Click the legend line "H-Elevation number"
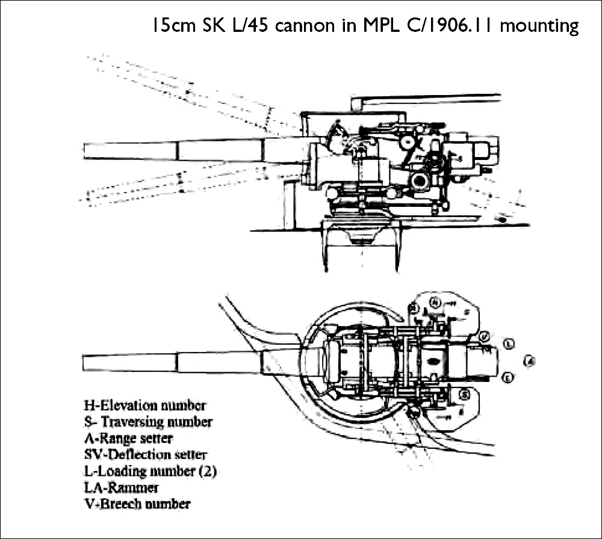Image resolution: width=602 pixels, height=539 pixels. tap(144, 406)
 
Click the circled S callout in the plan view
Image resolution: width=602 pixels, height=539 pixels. tap(464, 395)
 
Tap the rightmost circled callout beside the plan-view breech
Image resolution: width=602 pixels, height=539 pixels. tap(529, 361)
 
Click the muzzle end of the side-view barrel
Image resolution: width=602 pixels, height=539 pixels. tap(86, 151)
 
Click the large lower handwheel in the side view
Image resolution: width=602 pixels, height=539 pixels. tap(420, 180)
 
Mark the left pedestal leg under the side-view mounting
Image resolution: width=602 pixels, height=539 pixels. tap(326, 247)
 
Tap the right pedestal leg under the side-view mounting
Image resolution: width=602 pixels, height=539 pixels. tap(397, 247)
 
